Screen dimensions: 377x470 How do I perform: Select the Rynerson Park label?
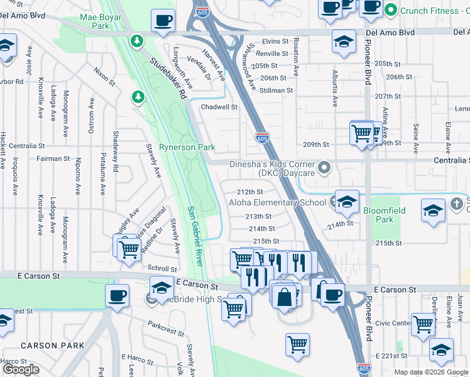188,147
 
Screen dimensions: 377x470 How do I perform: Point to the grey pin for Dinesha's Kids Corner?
324,167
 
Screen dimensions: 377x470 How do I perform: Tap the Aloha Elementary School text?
277,202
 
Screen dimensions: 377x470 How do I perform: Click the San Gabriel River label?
195,236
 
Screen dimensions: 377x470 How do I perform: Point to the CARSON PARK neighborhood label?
52,346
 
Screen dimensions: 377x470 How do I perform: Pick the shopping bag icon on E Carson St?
285,297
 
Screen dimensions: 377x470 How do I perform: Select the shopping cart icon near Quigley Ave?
129,249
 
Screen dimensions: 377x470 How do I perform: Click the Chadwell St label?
219,107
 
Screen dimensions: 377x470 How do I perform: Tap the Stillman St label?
276,90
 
